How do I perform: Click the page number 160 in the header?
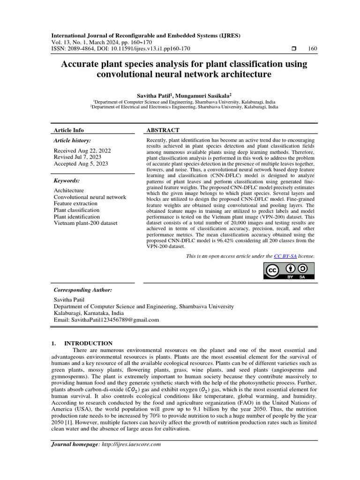[313, 48]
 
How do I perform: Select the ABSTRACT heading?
[163, 130]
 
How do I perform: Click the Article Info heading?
[69, 130]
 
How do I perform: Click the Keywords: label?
[67, 180]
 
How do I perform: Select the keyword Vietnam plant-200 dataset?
[86, 223]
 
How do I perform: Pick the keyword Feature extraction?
[75, 203]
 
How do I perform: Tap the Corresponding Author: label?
[83, 290]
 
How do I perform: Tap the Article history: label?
[72, 140]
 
